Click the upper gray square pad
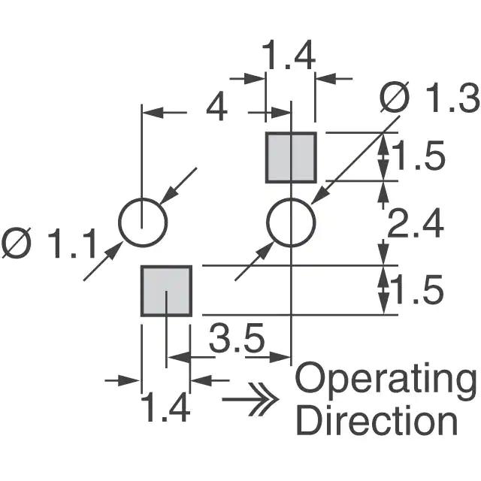pos(291,157)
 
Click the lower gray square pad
pos(166,291)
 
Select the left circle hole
pos(143,223)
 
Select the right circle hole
pos(291,223)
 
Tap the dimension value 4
pos(216,110)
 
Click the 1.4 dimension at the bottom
pos(165,410)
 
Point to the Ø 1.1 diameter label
pos(50,245)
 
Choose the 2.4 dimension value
pos(418,224)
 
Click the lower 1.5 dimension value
pos(418,291)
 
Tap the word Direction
pos(377,421)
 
